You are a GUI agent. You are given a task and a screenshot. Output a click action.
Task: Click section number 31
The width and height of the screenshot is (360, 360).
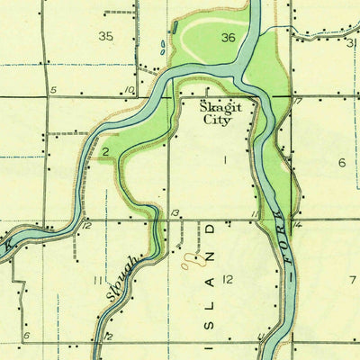pos(350,42)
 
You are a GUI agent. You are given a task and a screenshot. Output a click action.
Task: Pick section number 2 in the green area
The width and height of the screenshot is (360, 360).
pos(105,151)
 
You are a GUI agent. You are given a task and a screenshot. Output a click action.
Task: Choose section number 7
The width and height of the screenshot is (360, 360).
pos(352,279)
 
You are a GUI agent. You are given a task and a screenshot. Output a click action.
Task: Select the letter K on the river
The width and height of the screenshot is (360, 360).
pos(8,244)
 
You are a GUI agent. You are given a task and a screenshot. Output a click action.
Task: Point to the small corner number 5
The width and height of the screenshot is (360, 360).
pos(53,90)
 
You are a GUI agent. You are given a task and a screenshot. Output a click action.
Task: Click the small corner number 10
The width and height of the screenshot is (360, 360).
pos(130,90)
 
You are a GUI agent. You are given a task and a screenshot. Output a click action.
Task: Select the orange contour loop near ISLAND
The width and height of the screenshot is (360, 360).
pos(190,262)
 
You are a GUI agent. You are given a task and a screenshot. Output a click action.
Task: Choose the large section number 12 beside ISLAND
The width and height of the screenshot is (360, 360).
pos(228,280)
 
